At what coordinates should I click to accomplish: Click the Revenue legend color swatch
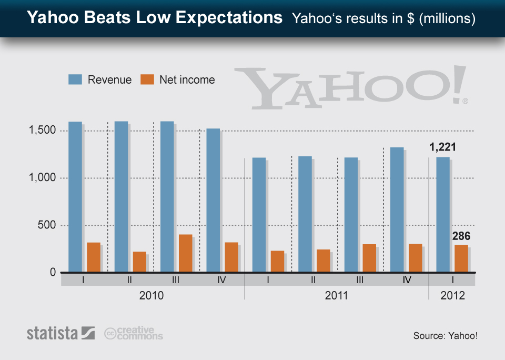[76, 80]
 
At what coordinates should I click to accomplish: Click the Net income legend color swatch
[148, 80]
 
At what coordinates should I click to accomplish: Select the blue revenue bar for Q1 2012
[443, 214]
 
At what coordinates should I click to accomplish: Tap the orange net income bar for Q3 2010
[185, 253]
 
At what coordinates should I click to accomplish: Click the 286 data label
[461, 236]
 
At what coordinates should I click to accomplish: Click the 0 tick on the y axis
[53, 272]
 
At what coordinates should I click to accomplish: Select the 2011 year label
[336, 295]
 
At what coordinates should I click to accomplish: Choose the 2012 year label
[452, 295]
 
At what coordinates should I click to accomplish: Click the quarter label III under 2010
[176, 280]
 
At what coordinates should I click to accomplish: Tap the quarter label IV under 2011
[406, 280]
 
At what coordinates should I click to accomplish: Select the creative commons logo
[134, 333]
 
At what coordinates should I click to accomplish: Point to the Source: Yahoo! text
[445, 335]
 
